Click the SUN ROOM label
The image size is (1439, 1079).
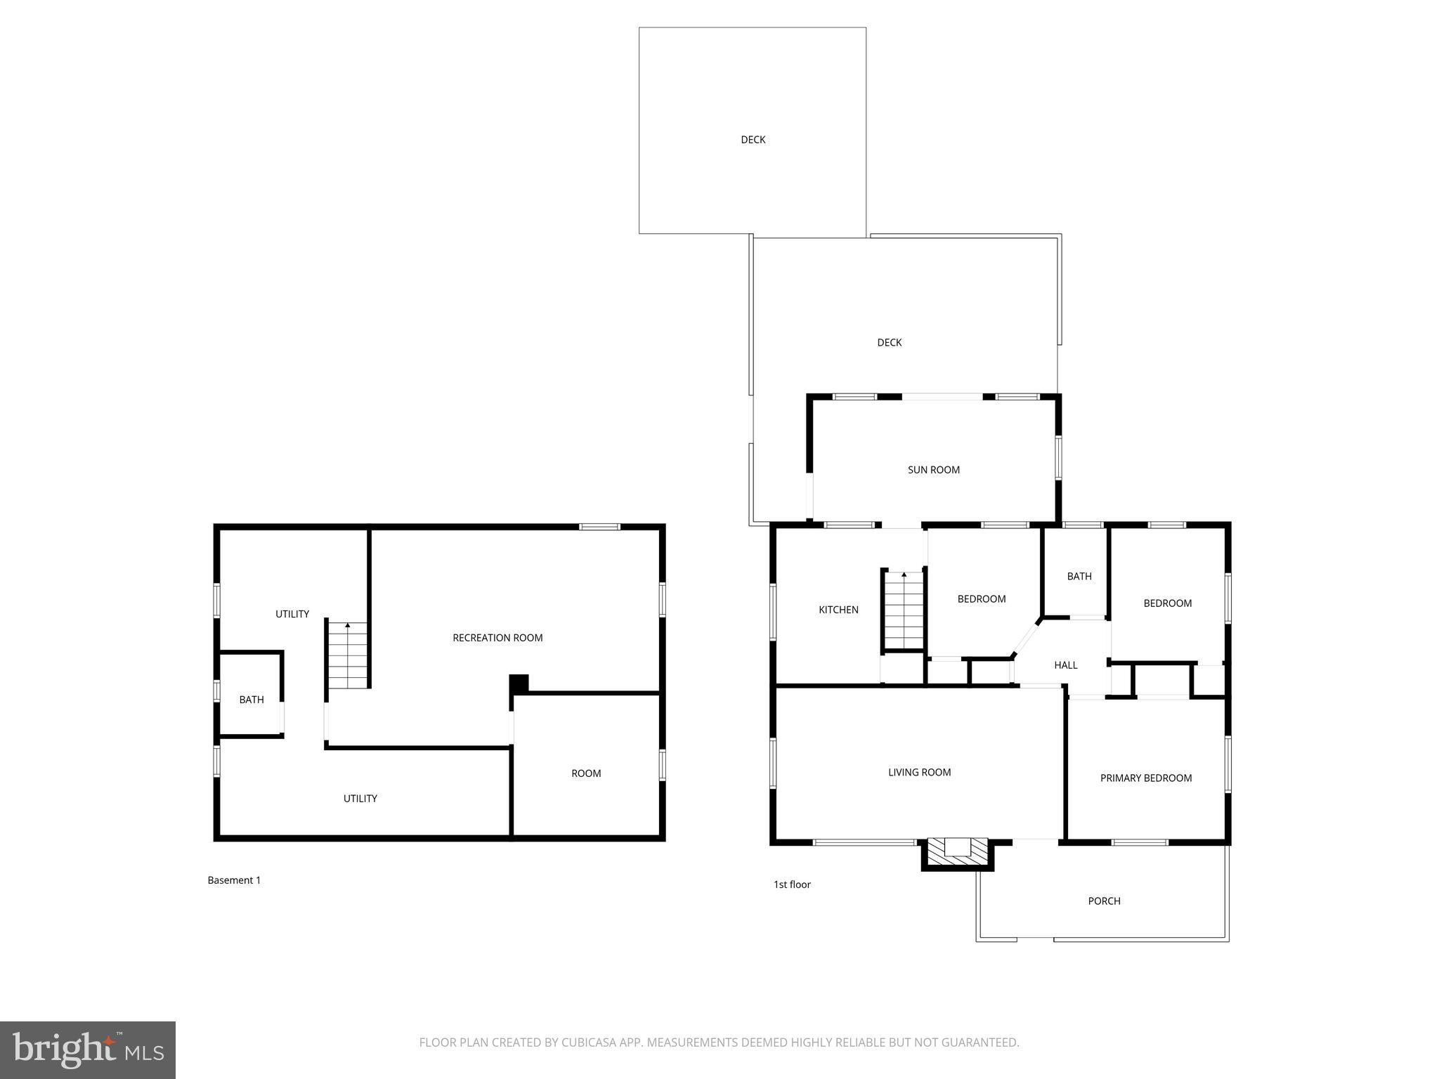pos(933,470)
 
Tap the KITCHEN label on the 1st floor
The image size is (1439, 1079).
pos(838,610)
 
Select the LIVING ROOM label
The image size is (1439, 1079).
pos(919,773)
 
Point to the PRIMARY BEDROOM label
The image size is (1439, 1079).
pos(1145,778)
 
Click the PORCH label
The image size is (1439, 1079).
pos(1104,901)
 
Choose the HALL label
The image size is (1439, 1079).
pos(1065,665)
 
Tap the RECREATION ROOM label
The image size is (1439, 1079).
pos(497,638)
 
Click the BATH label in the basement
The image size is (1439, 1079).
pos(252,700)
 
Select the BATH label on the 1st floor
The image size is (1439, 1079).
pos(1079,577)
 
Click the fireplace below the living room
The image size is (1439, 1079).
pos(957,853)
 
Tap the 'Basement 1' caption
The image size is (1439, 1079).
pos(234,880)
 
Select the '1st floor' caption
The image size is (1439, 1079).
pos(792,884)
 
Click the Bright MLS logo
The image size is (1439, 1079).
pos(88,1050)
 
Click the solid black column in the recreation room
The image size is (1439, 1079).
pos(519,683)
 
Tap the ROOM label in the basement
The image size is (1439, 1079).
pos(586,773)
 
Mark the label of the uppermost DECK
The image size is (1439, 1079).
pos(753,140)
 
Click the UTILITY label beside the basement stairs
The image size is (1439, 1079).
pos(292,614)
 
